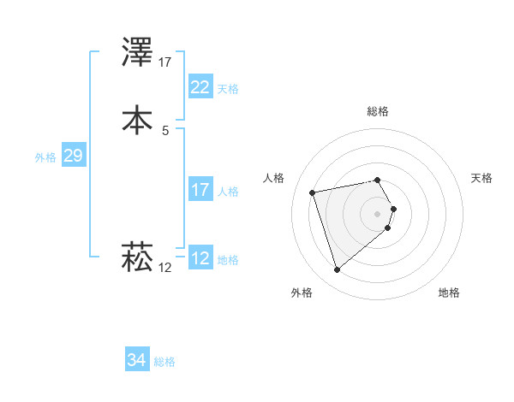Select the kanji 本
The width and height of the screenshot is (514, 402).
(138, 119)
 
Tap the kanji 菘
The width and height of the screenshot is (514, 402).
(138, 255)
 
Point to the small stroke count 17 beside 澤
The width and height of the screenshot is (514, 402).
(165, 62)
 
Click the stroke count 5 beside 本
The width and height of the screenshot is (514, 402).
(164, 130)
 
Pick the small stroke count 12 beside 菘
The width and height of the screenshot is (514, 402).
(165, 268)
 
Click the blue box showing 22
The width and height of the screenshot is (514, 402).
(200, 86)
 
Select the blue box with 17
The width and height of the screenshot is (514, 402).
(200, 190)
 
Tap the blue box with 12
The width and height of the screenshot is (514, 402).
(200, 258)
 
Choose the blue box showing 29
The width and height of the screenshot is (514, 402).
(73, 156)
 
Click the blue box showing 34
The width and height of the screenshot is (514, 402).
(136, 360)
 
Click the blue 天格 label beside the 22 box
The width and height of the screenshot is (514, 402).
(228, 89)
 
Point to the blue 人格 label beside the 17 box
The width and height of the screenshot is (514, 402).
(228, 192)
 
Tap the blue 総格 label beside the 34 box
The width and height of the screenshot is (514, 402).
(164, 363)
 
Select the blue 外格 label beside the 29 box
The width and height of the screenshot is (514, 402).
(45, 157)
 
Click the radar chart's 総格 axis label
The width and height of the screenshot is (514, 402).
(378, 111)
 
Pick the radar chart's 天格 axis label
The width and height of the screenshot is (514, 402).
(482, 178)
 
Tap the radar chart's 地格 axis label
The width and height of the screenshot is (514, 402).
(449, 293)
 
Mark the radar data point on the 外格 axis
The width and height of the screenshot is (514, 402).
(337, 270)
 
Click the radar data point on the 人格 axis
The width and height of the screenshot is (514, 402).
(313, 192)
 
